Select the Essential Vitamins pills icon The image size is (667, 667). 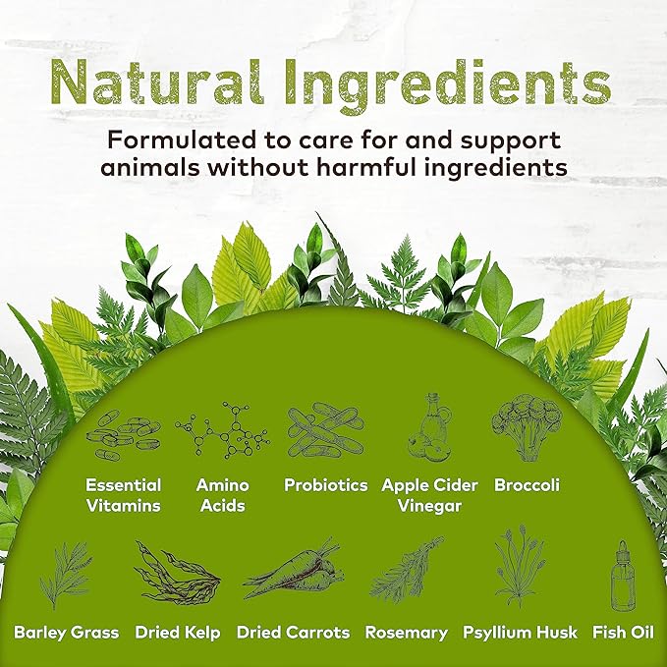124,434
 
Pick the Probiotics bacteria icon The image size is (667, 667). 325,430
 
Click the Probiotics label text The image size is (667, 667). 325,485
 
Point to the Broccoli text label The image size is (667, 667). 528,485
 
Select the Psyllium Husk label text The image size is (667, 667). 520,633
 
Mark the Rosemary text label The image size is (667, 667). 406,633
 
